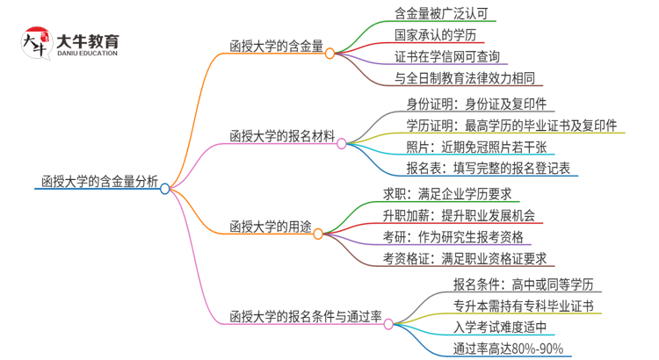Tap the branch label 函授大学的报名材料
point(281,137)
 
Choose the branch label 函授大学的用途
point(269,227)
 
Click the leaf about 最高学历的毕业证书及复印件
point(511,126)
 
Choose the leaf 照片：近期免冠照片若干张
point(475,147)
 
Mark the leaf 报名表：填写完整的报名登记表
point(488,168)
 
